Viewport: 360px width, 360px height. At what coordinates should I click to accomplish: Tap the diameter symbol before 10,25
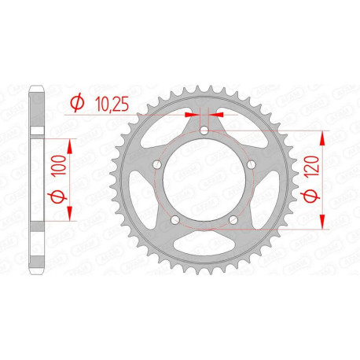[x=78, y=103]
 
